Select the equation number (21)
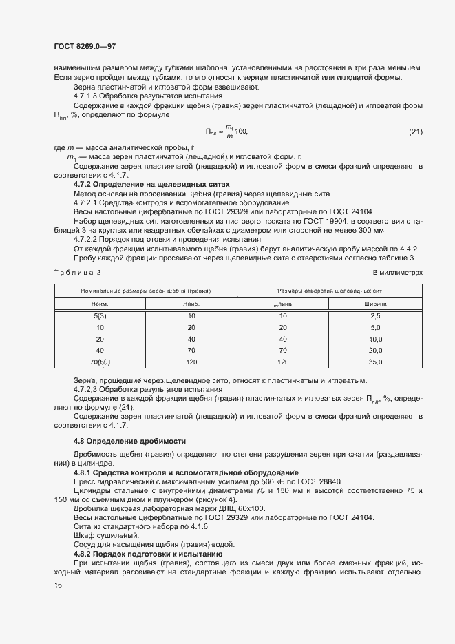tap(415, 132)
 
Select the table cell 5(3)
tap(100, 315)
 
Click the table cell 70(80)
tap(100, 361)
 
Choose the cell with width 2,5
tap(375, 315)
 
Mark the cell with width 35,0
tap(375, 361)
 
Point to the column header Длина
tap(283, 303)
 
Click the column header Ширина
tap(375, 303)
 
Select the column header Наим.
tap(100, 303)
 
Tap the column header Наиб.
tap(191, 303)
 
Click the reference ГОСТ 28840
tap(319, 481)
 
